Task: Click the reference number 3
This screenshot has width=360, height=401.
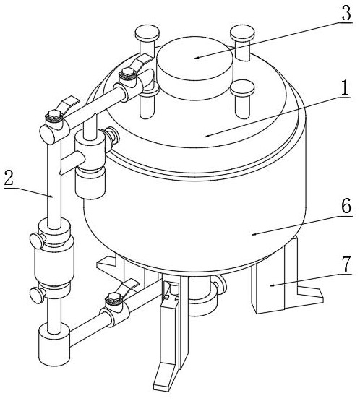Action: click(x=346, y=13)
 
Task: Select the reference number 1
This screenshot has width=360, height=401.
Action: click(x=346, y=88)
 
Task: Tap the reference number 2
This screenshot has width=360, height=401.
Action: click(x=9, y=178)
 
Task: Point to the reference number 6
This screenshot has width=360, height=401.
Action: click(x=346, y=205)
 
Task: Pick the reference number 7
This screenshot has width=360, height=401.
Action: click(x=346, y=264)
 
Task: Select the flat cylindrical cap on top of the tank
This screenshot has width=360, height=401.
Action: click(x=194, y=68)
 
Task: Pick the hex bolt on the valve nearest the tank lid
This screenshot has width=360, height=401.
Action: click(x=127, y=73)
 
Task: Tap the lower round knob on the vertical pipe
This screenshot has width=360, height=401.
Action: click(x=37, y=295)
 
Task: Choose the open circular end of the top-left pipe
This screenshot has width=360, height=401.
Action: click(x=48, y=135)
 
